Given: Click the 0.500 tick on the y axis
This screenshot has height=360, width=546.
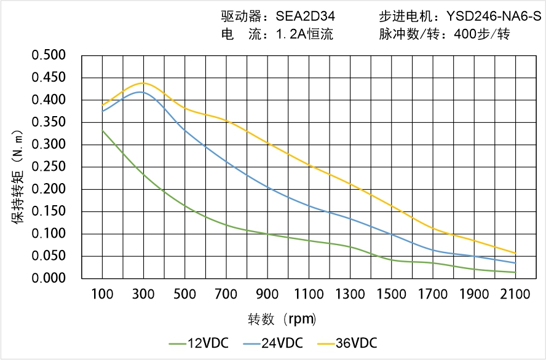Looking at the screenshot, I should click(x=48, y=56).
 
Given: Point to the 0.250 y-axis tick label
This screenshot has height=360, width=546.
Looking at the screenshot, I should click(x=48, y=167).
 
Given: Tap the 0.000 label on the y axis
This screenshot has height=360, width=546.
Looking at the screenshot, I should click(x=48, y=279).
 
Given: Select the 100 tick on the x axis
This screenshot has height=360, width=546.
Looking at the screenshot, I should click(x=102, y=294).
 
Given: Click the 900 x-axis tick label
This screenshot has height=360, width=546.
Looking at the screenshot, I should click(x=267, y=294).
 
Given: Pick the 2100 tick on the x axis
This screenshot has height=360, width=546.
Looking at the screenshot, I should click(x=515, y=294).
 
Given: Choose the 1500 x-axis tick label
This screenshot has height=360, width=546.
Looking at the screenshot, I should click(x=391, y=294).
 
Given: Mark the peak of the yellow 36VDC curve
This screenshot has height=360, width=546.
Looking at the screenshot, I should click(x=143, y=83).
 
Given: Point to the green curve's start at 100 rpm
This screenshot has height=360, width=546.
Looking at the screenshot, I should click(x=102, y=130).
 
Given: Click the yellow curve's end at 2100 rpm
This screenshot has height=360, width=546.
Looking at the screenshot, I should click(x=515, y=253).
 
